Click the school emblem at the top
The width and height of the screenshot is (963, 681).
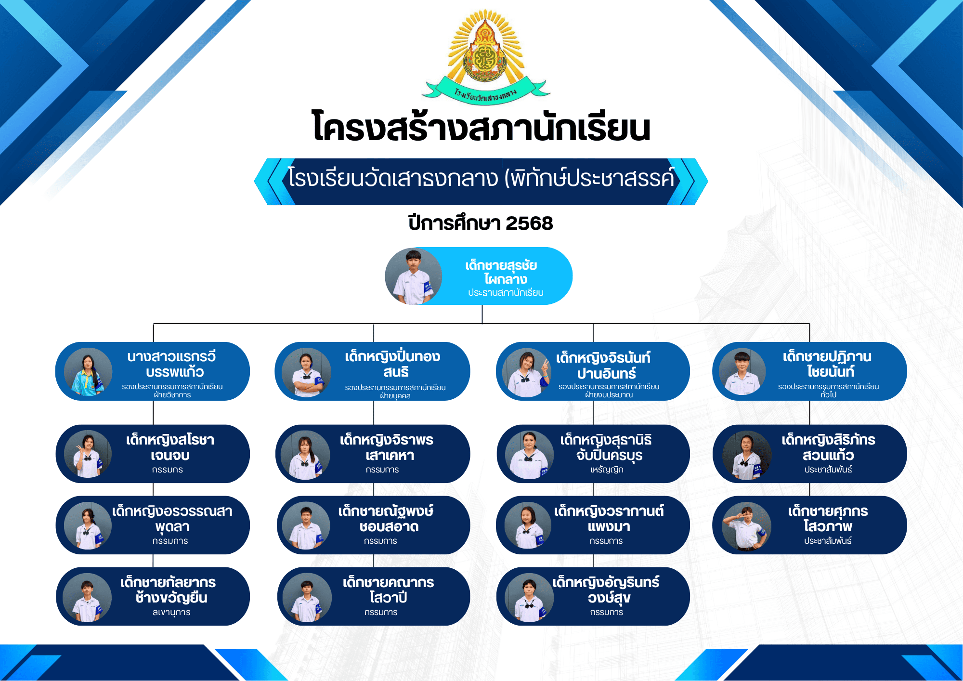click(485, 56)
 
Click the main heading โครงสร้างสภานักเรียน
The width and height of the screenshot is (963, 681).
click(481, 127)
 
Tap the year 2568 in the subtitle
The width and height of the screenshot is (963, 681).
click(529, 223)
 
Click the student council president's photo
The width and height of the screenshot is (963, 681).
click(414, 276)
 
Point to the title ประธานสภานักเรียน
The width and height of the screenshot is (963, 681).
click(506, 293)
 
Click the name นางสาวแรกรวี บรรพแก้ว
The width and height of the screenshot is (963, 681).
click(172, 364)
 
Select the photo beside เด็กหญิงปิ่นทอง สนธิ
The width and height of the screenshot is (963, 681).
click(307, 372)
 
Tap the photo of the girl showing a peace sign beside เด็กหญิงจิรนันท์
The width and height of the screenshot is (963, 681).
click(526, 373)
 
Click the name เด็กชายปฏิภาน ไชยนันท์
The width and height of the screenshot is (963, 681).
click(828, 364)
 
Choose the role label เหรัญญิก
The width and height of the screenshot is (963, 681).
click(607, 470)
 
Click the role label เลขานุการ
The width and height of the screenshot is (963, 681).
click(171, 612)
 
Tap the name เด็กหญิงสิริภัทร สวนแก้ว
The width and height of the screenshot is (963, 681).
click(828, 447)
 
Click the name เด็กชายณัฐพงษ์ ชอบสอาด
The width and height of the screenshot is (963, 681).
click(386, 519)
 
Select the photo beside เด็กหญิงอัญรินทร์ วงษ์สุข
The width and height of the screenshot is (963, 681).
click(529, 598)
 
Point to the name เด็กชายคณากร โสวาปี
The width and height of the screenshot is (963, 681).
click(389, 590)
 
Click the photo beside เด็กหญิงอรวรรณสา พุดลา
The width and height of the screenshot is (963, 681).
click(88, 526)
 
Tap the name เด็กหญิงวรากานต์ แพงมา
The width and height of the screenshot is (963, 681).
click(609, 519)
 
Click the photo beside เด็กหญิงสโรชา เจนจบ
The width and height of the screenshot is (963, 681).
click(88, 454)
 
